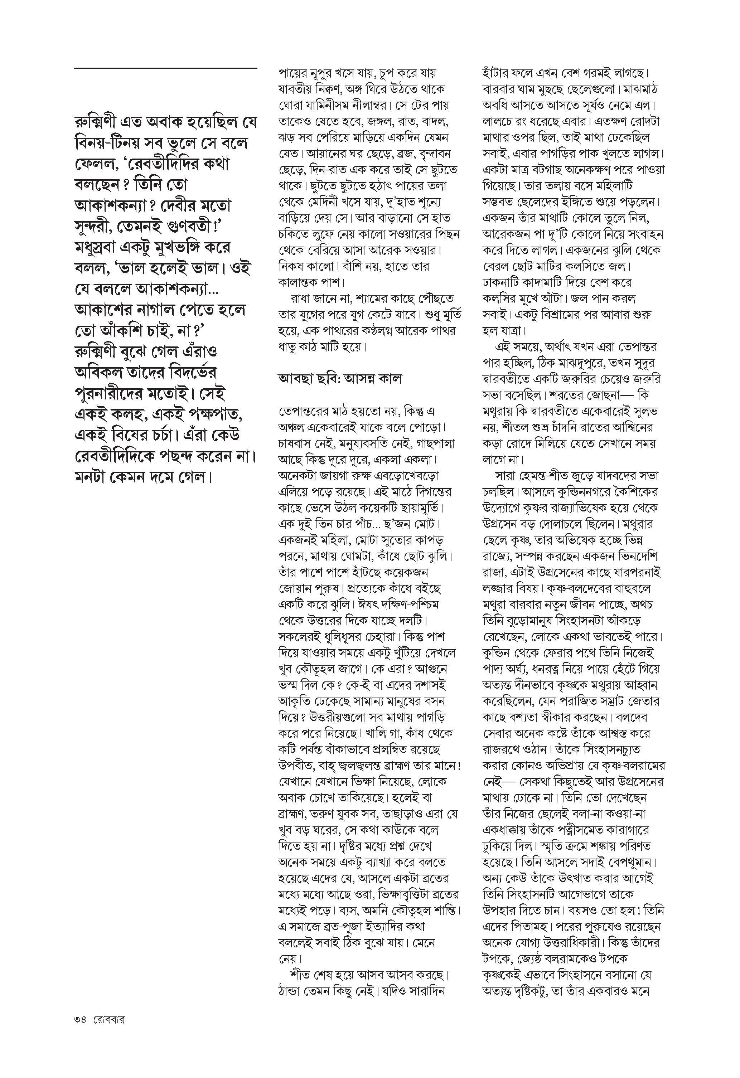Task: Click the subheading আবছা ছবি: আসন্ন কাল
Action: point(340,379)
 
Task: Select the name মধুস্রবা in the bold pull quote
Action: point(99,248)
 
